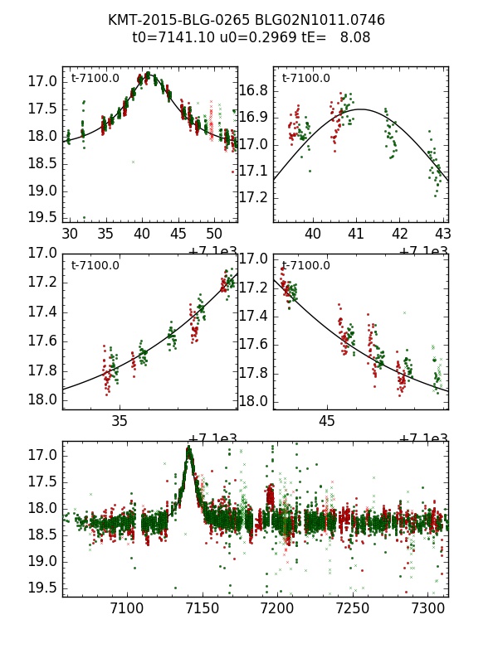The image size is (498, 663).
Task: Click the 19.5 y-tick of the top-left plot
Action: [42, 217]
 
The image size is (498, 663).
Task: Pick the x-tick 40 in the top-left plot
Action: [143, 233]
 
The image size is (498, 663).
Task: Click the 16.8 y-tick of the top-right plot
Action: [253, 90]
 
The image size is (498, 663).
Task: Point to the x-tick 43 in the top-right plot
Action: [443, 233]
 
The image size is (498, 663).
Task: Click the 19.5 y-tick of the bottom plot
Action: [42, 588]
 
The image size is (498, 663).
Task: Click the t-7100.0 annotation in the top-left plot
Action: [95, 79]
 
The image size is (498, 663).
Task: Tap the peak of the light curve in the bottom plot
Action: [189, 449]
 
